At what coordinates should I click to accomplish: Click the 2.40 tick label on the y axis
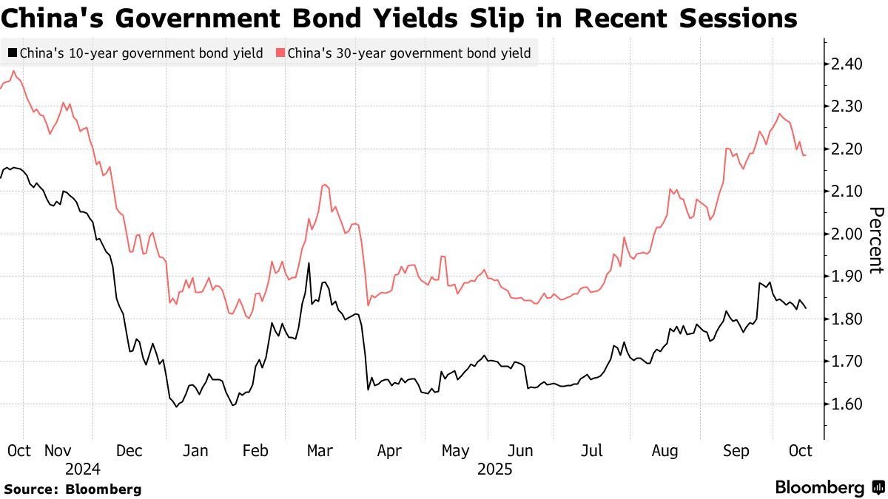(846, 64)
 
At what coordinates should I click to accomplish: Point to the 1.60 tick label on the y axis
(846, 404)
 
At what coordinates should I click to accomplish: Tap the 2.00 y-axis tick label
(846, 234)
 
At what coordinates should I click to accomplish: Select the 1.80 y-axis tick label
(846, 319)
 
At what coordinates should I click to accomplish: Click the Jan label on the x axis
(195, 450)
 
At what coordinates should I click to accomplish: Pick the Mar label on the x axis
(320, 450)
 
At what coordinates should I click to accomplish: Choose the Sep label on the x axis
(736, 450)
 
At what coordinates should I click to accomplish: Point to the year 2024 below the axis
(82, 469)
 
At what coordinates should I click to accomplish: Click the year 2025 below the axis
(496, 469)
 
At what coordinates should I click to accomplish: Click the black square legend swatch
(13, 53)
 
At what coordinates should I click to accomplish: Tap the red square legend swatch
(280, 53)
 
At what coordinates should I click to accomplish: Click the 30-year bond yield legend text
(408, 53)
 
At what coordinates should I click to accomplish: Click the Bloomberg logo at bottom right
(829, 488)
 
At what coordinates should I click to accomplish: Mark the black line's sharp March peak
(308, 263)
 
